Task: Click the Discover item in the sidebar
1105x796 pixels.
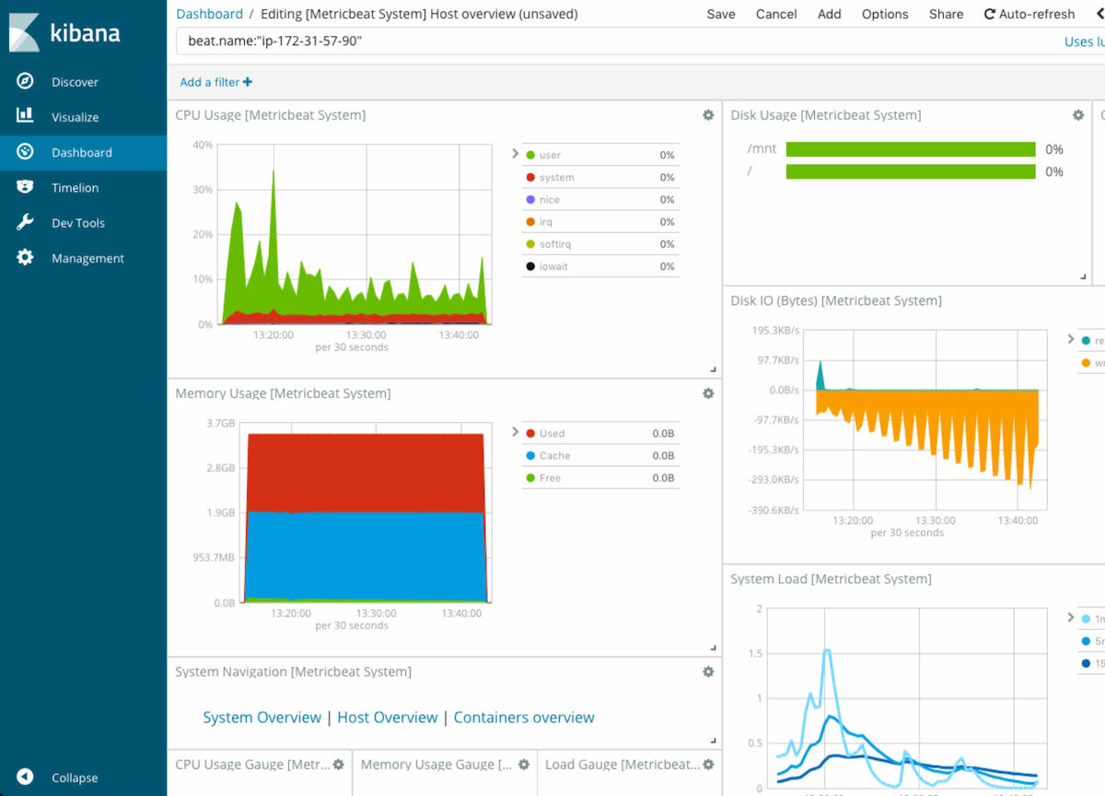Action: (x=75, y=82)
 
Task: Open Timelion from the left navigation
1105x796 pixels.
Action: (x=75, y=188)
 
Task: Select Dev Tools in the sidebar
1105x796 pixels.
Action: (x=77, y=223)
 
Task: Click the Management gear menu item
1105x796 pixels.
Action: (x=87, y=259)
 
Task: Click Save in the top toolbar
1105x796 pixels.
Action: (x=721, y=14)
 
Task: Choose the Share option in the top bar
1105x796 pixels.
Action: (x=946, y=14)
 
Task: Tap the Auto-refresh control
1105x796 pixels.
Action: (x=1029, y=14)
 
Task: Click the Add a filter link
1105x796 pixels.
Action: (x=215, y=82)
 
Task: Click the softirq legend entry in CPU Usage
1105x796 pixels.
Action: (x=556, y=244)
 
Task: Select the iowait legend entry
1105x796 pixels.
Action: (x=554, y=266)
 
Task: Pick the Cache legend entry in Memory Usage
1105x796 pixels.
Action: (x=554, y=456)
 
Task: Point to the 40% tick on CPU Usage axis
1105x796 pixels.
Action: (x=203, y=145)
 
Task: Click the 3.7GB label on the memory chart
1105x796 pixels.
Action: (x=220, y=423)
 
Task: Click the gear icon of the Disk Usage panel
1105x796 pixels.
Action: (x=1078, y=115)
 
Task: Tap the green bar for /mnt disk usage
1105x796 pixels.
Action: (x=910, y=149)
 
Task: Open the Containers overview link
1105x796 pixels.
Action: (x=524, y=718)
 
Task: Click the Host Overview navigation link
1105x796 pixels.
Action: (x=387, y=718)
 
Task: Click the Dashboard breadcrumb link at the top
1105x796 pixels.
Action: (x=209, y=14)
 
